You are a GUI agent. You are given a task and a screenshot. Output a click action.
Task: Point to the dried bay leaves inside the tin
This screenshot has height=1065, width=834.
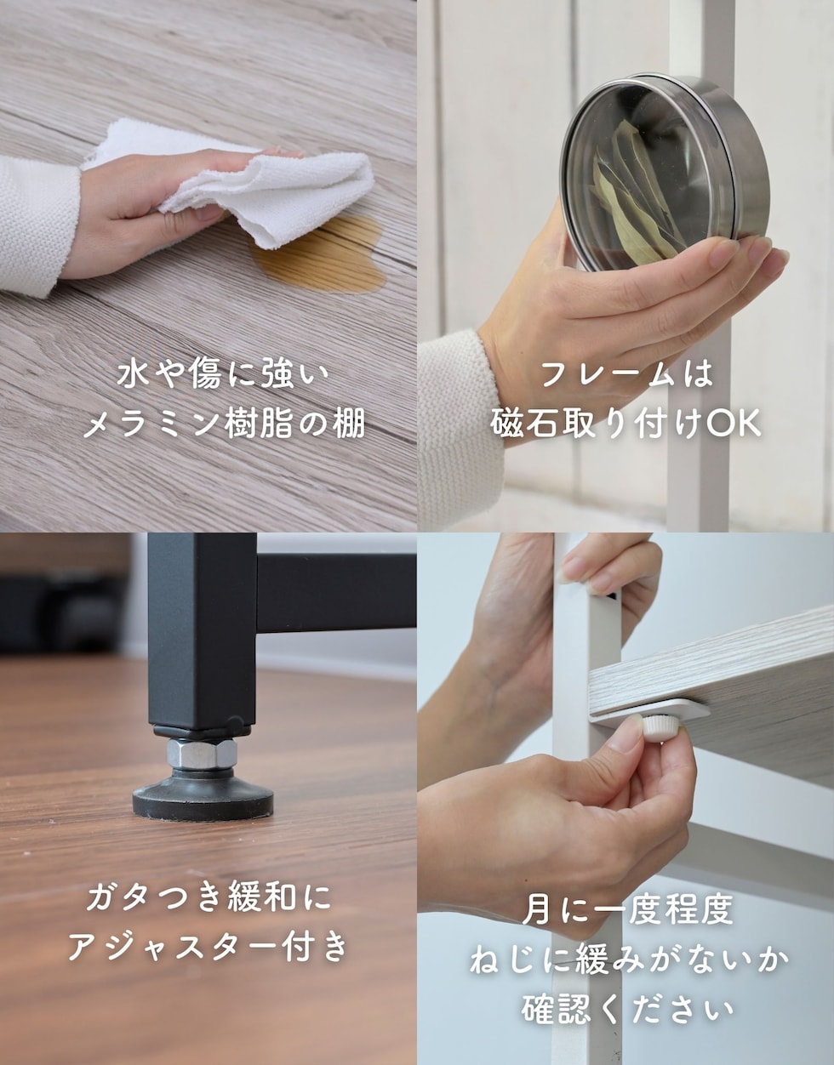[632, 196]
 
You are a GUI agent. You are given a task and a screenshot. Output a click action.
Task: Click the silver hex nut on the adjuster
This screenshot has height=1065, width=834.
[202, 754]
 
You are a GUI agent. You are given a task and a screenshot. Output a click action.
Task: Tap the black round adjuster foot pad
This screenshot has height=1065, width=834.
[203, 798]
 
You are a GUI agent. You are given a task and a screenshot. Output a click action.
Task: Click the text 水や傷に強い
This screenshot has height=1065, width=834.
[223, 375]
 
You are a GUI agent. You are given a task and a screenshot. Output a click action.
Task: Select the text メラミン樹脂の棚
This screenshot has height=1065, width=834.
[224, 424]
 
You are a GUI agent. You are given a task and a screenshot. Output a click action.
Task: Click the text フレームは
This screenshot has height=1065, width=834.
[626, 374]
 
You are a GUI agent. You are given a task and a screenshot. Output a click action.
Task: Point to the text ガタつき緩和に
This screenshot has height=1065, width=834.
[209, 898]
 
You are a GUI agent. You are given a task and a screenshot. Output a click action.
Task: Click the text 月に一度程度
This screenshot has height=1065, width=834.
[627, 911]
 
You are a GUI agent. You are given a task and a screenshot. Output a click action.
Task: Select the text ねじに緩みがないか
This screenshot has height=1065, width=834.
[630, 960]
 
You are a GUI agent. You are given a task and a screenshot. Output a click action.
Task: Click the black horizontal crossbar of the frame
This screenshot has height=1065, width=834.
[336, 594]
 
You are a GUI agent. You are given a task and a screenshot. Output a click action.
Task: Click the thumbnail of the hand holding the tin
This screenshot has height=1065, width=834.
[625, 265]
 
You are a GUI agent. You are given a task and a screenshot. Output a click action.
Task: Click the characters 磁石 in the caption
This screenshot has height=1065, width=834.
[523, 423]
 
